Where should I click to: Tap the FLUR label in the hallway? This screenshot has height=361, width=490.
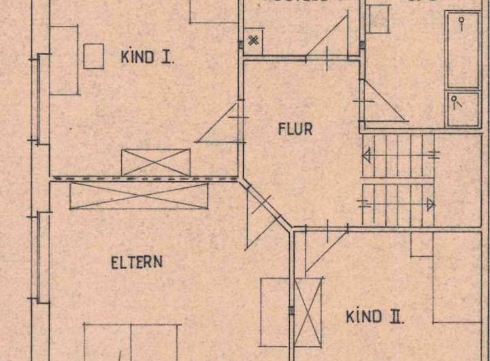click(295, 129)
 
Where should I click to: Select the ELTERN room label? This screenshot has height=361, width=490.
click(136, 262)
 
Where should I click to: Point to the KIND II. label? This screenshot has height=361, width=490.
click(376, 316)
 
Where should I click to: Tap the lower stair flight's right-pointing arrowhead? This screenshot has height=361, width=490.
click(429, 202)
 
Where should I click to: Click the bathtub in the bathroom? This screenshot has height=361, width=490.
click(463, 49)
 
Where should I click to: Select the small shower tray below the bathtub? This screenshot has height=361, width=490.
click(463, 109)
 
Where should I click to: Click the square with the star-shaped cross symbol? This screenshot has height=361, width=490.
click(253, 39)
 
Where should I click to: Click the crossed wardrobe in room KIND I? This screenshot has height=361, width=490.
click(155, 161)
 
